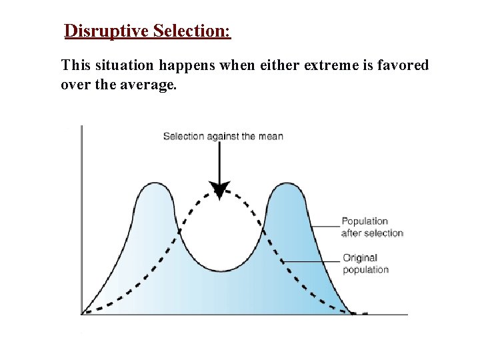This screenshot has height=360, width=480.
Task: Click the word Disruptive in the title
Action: click(106, 31)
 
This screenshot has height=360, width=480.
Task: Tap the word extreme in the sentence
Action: click(327, 65)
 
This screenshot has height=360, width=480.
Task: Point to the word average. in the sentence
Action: click(150, 85)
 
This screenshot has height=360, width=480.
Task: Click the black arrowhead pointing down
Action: click(219, 190)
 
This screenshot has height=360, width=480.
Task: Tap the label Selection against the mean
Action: click(223, 136)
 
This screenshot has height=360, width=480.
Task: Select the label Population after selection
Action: click(372, 227)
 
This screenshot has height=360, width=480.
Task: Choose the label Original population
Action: click(365, 263)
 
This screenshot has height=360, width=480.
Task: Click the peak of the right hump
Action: click(287, 183)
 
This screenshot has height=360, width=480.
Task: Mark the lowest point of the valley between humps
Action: click(221, 271)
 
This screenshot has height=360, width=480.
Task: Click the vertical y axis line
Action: click(81, 220)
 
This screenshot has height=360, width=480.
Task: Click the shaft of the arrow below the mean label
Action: click(219, 160)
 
